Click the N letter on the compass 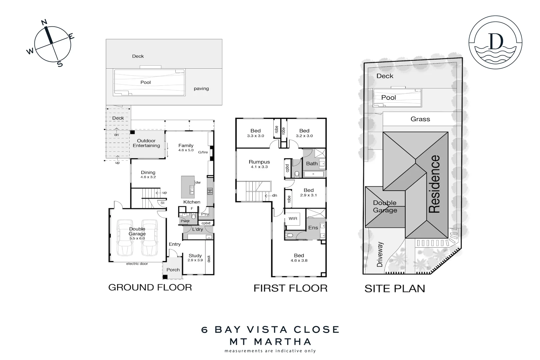point(44,23)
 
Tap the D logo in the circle point(495,41)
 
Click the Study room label point(195,256)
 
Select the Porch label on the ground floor point(173,270)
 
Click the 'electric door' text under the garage point(137,264)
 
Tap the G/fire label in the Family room point(203,152)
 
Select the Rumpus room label point(259,162)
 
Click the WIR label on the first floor point(293,219)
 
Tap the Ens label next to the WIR point(313,228)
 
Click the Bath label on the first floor point(312,164)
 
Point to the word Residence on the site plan point(434,184)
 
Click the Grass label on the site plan point(420,119)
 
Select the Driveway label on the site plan point(380,254)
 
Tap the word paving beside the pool point(201,89)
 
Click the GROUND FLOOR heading point(150,287)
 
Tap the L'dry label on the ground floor point(197,229)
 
